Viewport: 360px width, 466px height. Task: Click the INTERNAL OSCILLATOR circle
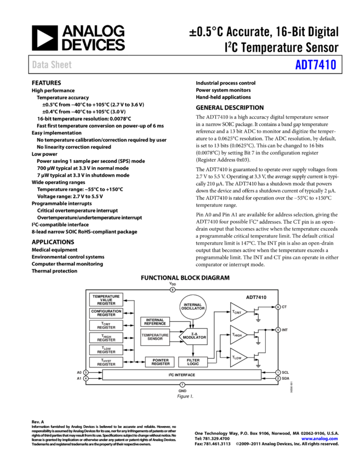[193, 306]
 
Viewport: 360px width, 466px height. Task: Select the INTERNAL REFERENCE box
[155, 322]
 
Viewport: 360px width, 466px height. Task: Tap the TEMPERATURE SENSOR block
[155, 337]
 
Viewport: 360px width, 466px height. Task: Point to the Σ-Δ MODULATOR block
[193, 336]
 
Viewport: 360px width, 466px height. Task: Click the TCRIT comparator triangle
[238, 312]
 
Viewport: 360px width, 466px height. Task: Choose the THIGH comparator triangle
[238, 334]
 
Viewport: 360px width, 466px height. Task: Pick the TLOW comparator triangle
[238, 357]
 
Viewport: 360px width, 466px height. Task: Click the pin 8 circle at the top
[173, 289]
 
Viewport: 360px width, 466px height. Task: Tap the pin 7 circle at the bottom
[182, 385]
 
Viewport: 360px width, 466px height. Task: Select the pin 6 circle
[278, 307]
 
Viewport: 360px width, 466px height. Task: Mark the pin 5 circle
[278, 330]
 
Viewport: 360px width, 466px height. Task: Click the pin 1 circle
[278, 373]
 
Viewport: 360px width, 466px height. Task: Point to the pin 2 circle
[278, 378]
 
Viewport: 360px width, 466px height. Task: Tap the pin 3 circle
[86, 373]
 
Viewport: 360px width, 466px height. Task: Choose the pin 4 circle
[86, 378]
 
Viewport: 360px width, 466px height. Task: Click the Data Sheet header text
[52, 65]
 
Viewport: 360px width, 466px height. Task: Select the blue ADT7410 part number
[316, 65]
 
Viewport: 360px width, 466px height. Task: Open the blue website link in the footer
[319, 439]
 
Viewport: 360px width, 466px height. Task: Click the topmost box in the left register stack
[106, 299]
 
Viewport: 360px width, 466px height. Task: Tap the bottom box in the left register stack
[106, 362]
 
